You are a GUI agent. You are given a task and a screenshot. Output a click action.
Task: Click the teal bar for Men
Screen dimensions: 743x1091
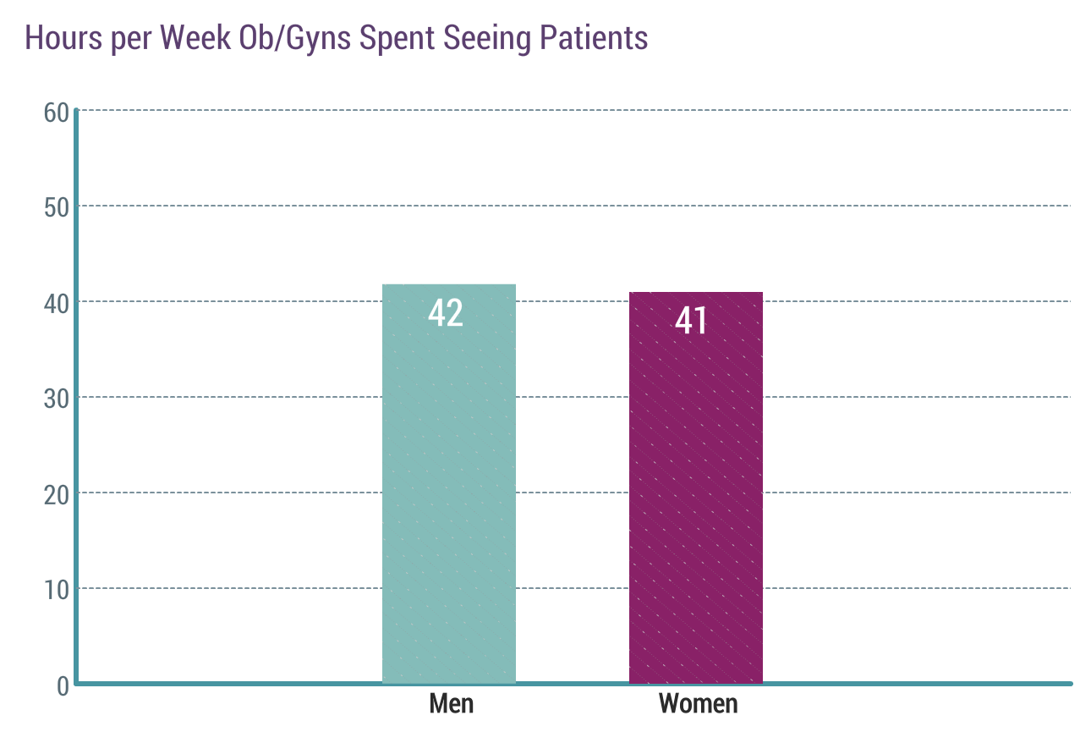449,491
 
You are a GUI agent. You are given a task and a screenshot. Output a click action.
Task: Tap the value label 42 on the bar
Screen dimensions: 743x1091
446,313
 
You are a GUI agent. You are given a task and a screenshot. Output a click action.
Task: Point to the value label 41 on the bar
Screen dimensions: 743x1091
691,322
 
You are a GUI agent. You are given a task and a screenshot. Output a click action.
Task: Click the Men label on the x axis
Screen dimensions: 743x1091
451,704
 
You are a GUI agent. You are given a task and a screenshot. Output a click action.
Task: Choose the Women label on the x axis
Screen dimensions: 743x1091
698,704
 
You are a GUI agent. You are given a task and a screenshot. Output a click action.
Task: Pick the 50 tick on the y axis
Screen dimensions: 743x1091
56,207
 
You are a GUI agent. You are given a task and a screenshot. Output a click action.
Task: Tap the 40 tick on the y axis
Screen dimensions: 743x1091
56,303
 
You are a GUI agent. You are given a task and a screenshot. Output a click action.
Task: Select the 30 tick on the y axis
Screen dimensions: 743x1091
56,399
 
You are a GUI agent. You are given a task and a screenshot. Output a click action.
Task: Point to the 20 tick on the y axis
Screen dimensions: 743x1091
56,494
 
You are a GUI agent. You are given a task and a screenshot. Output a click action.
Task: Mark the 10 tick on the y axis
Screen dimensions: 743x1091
56,590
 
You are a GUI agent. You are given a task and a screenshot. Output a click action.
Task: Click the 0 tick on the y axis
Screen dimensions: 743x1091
63,685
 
